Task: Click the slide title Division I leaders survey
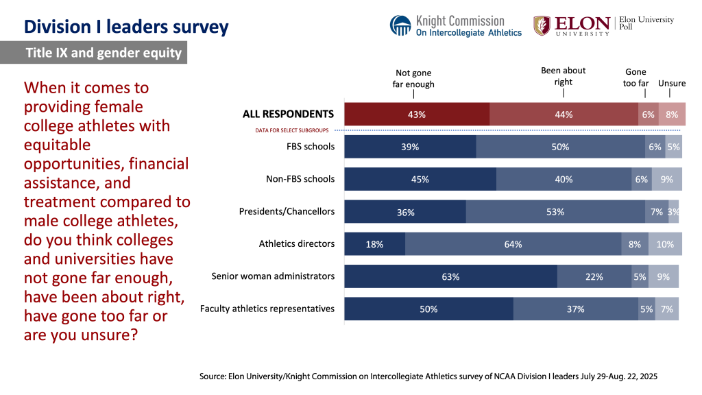[126, 27]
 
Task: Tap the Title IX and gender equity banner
[103, 53]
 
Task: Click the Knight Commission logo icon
[401, 26]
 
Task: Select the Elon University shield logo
[542, 25]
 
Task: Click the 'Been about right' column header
[563, 75]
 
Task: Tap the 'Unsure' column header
[671, 83]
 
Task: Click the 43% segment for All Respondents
[417, 115]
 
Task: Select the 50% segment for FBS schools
[560, 147]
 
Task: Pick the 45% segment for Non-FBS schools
[420, 180]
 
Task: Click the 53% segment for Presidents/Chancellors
[555, 212]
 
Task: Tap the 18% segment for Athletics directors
[374, 244]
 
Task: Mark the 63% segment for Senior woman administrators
[450, 277]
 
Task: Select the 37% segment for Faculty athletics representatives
[575, 309]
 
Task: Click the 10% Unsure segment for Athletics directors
[665, 244]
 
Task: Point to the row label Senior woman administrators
[273, 276]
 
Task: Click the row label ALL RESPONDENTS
[288, 114]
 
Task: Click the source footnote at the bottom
[428, 376]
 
